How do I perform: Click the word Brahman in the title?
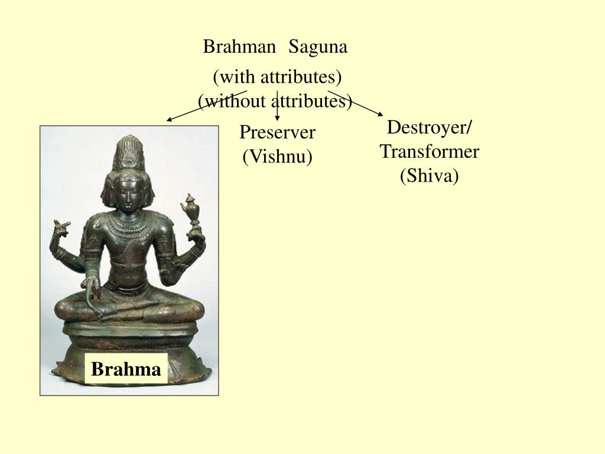click(239, 47)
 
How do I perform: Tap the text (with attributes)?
click(278, 77)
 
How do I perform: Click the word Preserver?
click(278, 132)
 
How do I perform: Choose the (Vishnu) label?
click(278, 157)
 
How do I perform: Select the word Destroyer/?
click(429, 128)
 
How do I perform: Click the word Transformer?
click(430, 151)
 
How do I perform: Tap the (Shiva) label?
click(430, 176)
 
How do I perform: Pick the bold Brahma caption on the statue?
click(126, 369)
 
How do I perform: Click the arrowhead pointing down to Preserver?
click(277, 118)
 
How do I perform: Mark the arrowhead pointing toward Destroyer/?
click(380, 114)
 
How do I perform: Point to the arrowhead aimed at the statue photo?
click(170, 119)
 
